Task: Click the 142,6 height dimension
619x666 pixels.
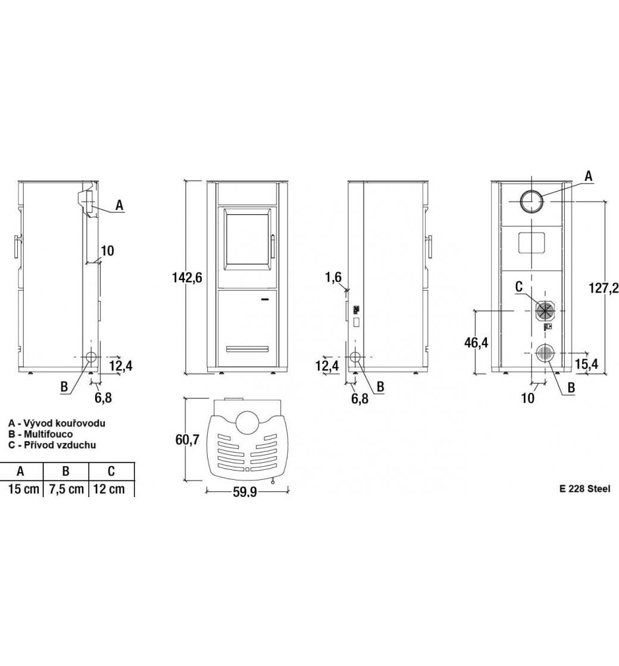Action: click(187, 278)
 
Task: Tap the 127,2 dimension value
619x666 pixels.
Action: click(604, 288)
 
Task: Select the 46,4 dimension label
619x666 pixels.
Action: click(476, 343)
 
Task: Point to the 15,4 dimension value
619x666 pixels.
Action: click(587, 363)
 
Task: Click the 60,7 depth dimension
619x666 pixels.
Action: click(187, 439)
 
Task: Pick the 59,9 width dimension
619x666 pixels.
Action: click(245, 492)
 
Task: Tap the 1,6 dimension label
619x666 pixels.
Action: click(333, 277)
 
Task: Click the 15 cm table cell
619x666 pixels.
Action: click(24, 489)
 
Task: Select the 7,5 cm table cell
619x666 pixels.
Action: click(66, 489)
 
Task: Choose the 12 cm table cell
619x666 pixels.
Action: click(110, 489)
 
